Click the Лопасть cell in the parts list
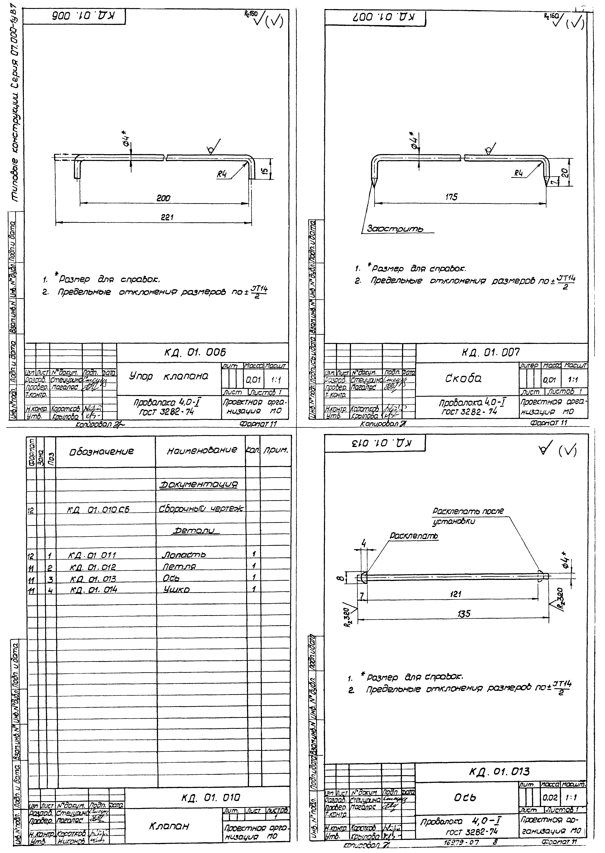(x=184, y=555)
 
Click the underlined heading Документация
(x=198, y=485)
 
